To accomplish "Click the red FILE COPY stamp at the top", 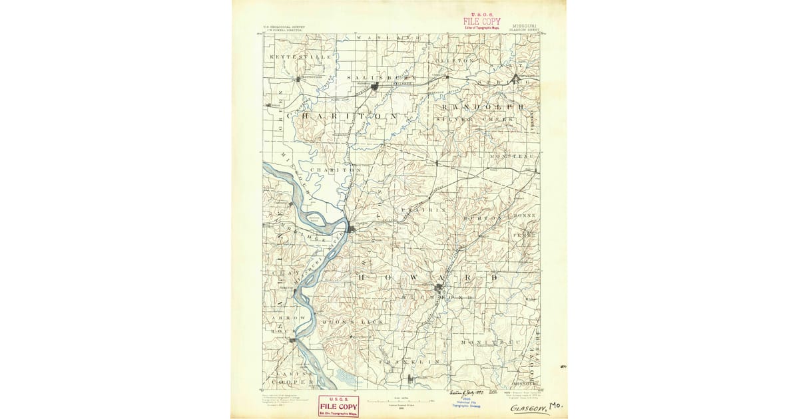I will pos(481,21).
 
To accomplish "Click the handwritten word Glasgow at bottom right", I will pos(529,407).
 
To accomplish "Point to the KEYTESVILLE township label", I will pos(300,58).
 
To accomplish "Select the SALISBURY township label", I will pos(374,77).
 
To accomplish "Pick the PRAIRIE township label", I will pos(423,209).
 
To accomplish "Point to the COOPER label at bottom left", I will pos(292,382).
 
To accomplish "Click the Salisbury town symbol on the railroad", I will pos(376,86).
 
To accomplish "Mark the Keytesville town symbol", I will pos(298,79).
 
